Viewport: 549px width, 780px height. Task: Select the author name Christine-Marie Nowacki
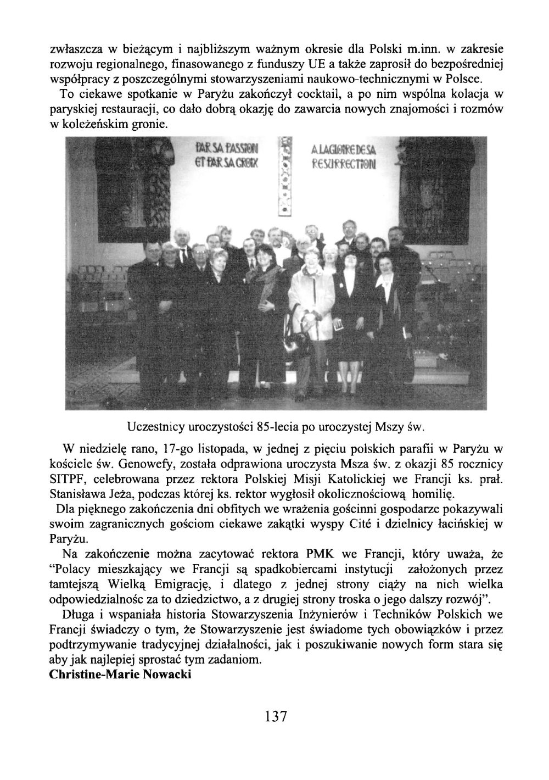coord(120,674)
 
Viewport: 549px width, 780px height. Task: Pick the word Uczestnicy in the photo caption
coord(152,426)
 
